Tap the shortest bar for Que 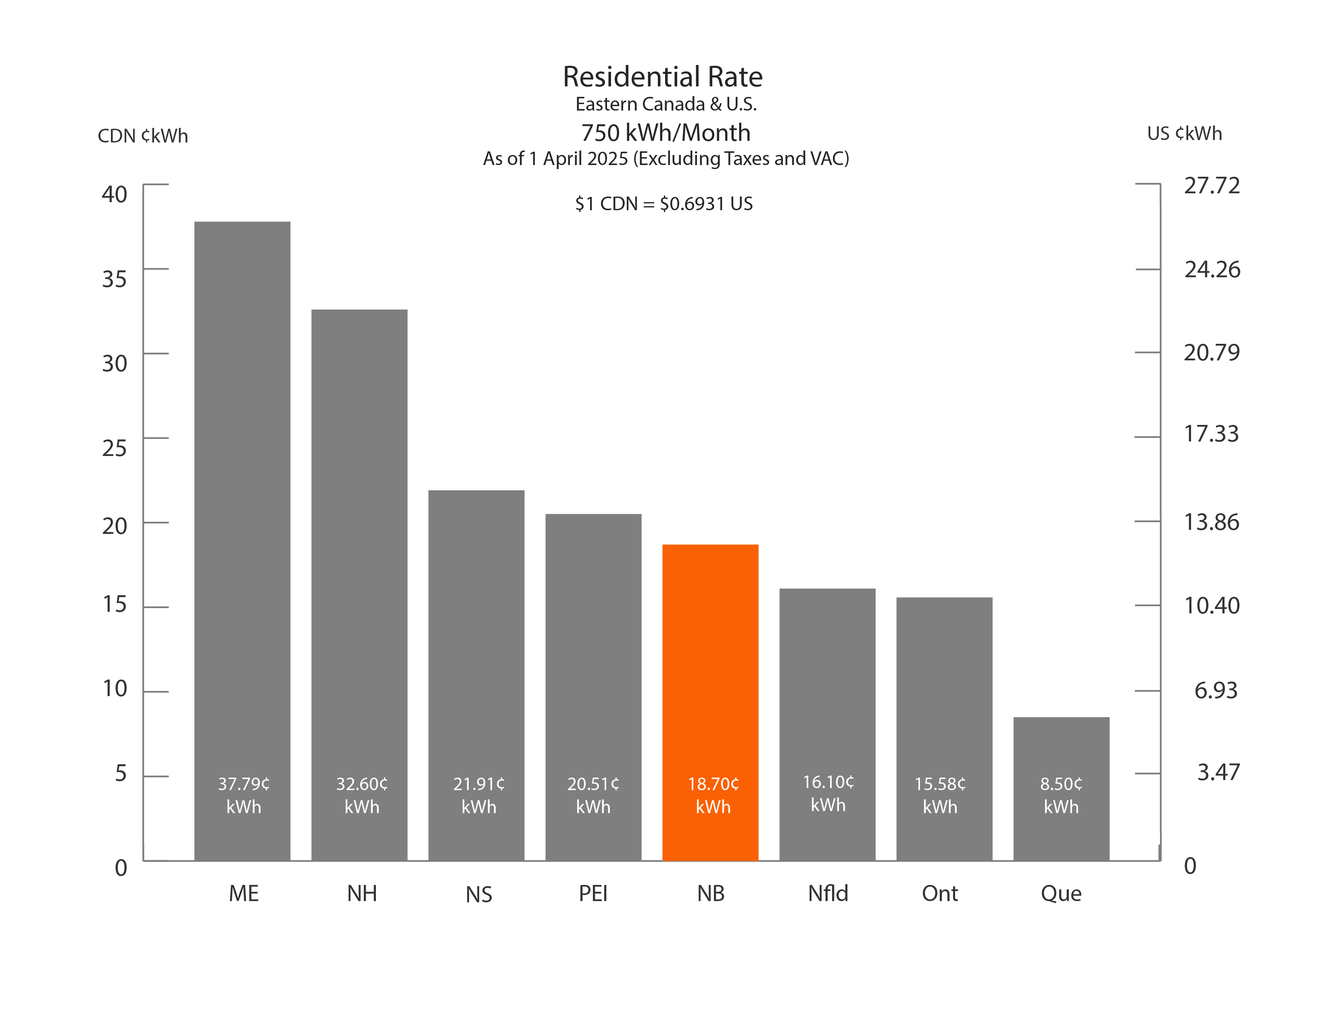click(1061, 750)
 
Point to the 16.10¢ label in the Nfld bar click(828, 782)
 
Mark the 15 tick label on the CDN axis click(115, 604)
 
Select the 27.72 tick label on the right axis click(1212, 185)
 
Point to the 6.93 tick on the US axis click(1215, 690)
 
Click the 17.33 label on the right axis click(1211, 433)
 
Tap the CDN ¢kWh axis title click(143, 135)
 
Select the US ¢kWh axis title click(1184, 134)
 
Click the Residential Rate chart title click(662, 77)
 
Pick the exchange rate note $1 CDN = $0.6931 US click(663, 204)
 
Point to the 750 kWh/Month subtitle click(665, 132)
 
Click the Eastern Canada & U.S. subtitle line click(665, 104)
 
